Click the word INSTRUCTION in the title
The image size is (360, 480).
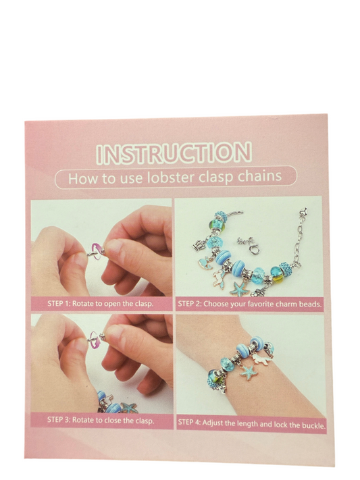point(174,152)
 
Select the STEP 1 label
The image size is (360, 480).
point(59,304)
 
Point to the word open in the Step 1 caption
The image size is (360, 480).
point(113,304)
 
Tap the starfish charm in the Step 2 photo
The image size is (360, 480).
point(238,288)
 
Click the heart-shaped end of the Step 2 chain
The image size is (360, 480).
point(304,211)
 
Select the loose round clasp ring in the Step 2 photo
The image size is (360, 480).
point(255,248)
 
